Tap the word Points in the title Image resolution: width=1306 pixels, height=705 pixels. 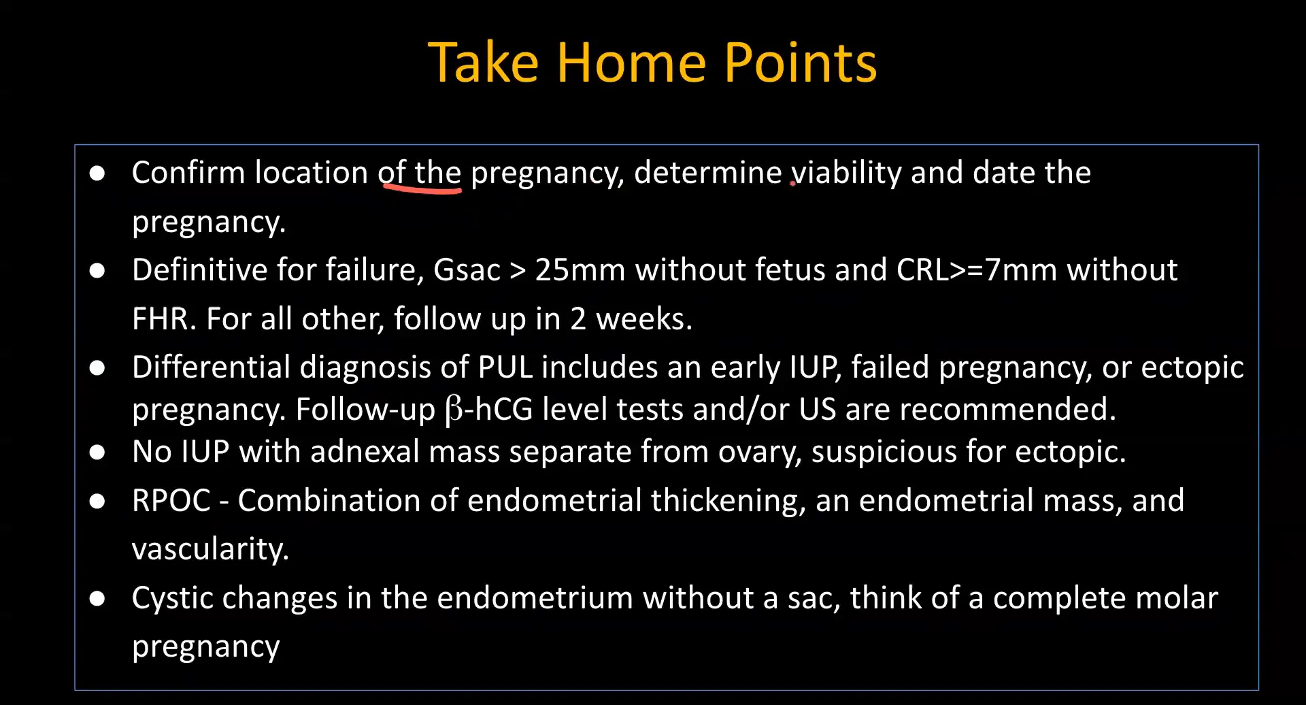click(x=801, y=63)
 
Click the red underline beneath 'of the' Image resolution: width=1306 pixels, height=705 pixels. click(x=422, y=191)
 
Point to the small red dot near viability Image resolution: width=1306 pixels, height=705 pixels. click(x=792, y=182)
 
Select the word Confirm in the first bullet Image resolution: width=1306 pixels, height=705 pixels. click(x=188, y=173)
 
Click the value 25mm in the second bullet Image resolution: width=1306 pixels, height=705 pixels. click(x=580, y=270)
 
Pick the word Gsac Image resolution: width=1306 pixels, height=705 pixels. click(x=467, y=270)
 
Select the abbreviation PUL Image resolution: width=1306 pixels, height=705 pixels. click(x=505, y=367)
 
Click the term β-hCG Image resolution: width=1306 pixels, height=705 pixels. click(x=488, y=410)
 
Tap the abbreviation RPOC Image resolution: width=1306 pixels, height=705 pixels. click(x=171, y=501)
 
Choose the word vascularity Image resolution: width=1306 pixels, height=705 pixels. click(x=210, y=549)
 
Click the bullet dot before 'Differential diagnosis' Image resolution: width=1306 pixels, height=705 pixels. click(x=97, y=368)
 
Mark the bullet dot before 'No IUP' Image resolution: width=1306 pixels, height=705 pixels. click(x=97, y=453)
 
